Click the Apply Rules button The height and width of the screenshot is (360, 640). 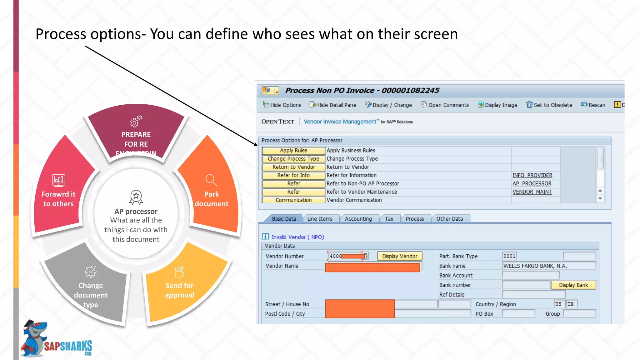(x=293, y=151)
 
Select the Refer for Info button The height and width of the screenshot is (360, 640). (x=293, y=175)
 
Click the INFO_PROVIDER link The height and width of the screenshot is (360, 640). (x=532, y=175)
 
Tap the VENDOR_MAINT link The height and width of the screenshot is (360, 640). (x=532, y=192)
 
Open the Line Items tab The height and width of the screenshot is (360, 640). (x=320, y=219)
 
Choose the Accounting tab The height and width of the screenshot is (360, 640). (x=358, y=219)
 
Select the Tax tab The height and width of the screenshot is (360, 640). (x=389, y=219)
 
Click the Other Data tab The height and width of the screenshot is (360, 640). (x=449, y=219)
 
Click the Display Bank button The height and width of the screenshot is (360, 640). (x=573, y=285)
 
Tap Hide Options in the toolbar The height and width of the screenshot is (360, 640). (x=282, y=105)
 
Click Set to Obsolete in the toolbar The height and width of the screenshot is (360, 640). (x=549, y=105)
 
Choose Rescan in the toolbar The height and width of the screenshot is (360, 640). (x=593, y=105)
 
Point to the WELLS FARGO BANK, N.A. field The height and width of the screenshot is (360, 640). (x=548, y=266)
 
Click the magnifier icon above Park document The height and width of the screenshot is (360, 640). (x=211, y=180)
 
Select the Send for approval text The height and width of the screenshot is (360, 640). (x=179, y=290)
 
